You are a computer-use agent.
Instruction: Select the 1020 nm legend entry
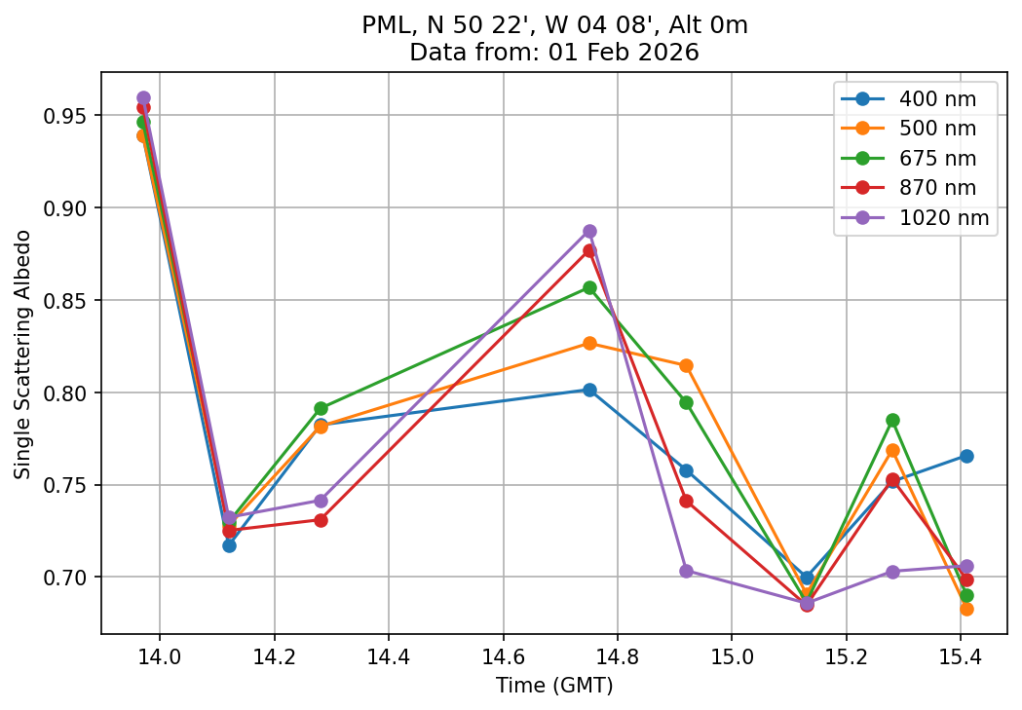(943, 218)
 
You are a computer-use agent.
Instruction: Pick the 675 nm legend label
(936, 158)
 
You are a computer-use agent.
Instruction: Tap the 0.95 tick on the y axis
(67, 116)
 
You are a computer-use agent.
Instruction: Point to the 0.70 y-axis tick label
(67, 578)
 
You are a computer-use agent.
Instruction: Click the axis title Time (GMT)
(554, 686)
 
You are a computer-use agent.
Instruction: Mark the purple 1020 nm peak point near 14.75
(589, 232)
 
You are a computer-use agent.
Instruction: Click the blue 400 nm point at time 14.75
(589, 390)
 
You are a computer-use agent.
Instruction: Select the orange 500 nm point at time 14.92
(686, 365)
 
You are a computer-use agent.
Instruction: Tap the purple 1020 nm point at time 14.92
(686, 571)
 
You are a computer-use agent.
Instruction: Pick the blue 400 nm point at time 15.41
(966, 456)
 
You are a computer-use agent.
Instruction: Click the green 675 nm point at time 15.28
(892, 420)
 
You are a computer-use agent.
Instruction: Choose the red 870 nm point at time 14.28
(321, 520)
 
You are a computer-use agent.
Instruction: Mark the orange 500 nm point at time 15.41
(966, 609)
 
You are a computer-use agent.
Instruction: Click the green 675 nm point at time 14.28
(321, 408)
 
